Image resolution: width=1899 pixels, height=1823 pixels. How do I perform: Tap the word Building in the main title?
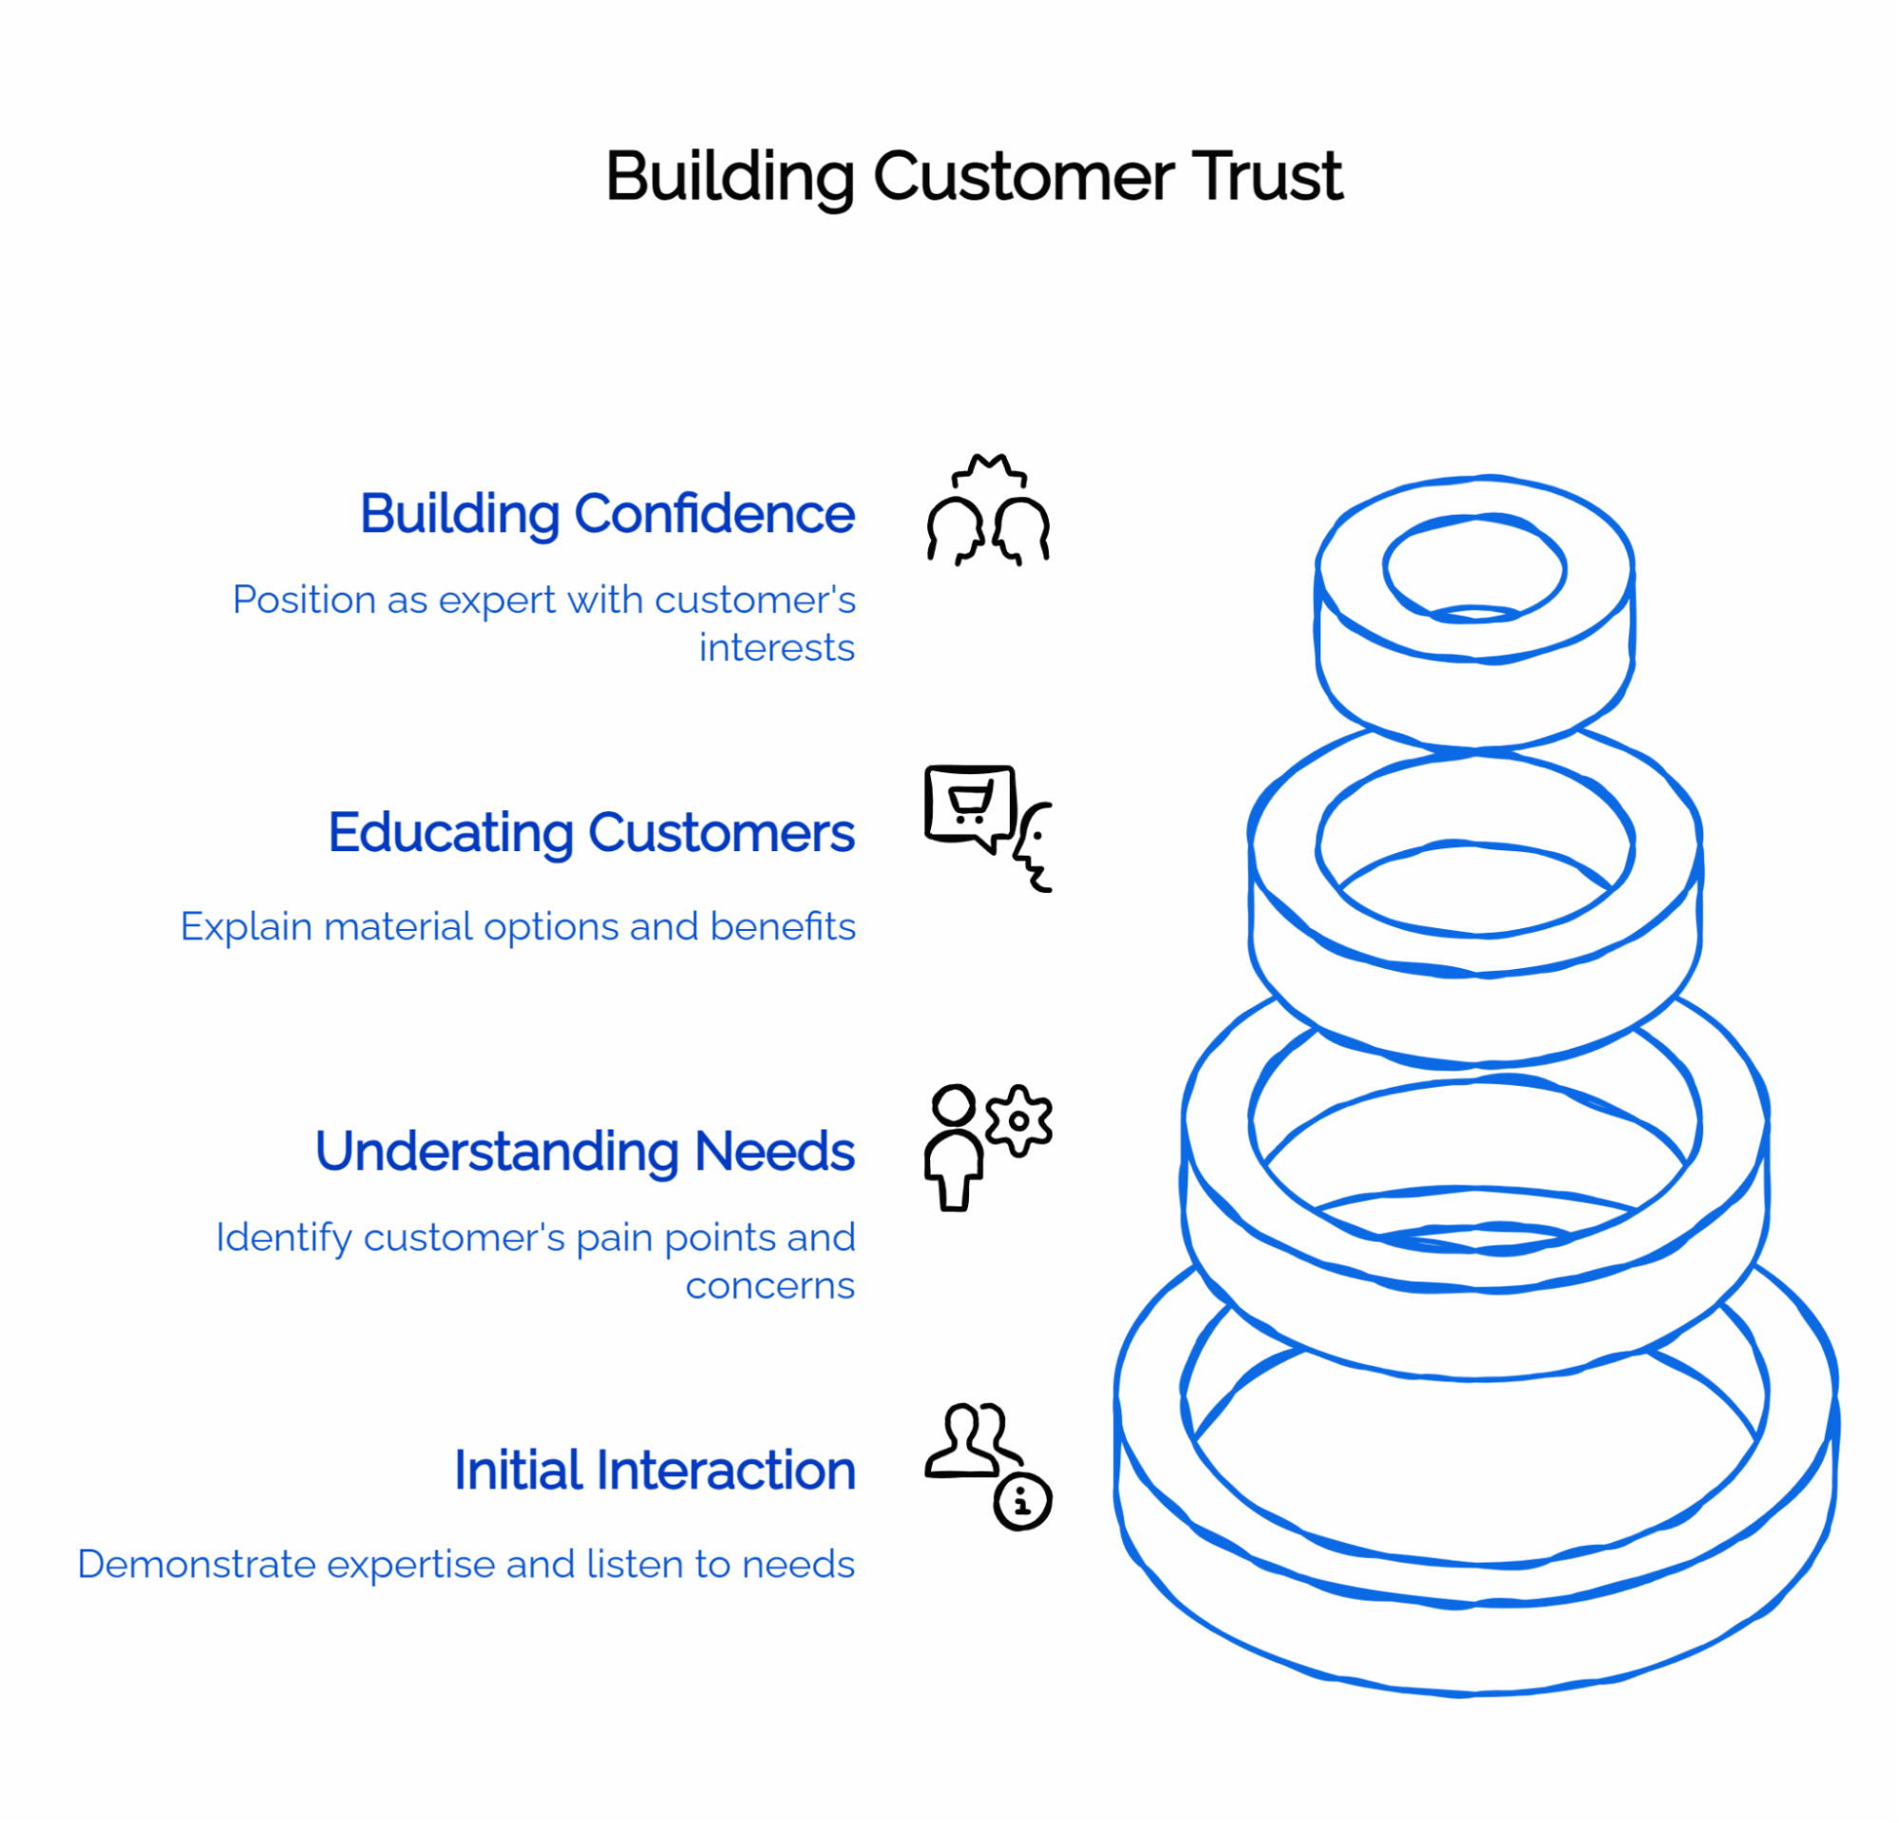729,178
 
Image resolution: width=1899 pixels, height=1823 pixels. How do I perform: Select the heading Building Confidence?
606,513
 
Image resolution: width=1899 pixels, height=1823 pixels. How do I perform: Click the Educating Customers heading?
591,833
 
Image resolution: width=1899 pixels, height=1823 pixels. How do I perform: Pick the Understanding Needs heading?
584,1151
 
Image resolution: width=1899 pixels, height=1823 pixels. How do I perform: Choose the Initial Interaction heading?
654,1471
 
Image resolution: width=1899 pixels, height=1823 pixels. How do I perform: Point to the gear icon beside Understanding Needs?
1018,1121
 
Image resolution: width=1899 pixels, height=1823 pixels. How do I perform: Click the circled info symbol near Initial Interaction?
1022,1501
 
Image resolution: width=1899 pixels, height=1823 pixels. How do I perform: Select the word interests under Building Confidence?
776,648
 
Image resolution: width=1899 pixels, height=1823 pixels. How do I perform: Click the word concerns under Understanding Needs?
769,1286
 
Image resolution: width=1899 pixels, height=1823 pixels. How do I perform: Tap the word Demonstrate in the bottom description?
196,1566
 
